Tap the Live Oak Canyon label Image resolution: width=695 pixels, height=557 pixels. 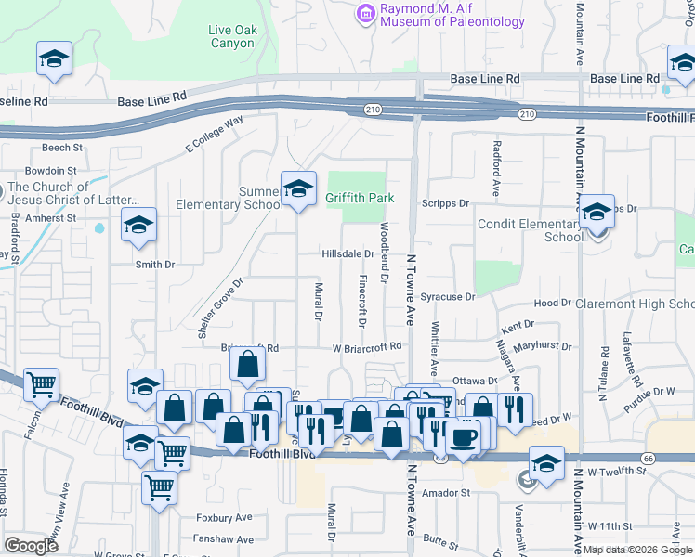click(231, 36)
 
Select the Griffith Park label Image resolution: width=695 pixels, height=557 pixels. click(360, 198)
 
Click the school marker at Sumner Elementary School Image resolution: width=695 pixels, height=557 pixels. click(297, 189)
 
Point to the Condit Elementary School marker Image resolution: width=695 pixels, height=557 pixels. click(597, 214)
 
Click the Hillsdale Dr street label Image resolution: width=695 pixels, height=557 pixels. click(347, 253)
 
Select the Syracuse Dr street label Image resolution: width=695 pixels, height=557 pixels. click(447, 297)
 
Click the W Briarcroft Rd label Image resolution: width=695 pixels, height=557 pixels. click(367, 346)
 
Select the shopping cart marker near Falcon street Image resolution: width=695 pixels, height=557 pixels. click(42, 383)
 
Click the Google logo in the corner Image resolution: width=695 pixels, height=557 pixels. click(31, 546)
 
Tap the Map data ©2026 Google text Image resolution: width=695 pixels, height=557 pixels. click(637, 550)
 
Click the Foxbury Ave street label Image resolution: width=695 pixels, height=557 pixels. click(224, 517)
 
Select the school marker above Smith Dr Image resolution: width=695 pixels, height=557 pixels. click(138, 226)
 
